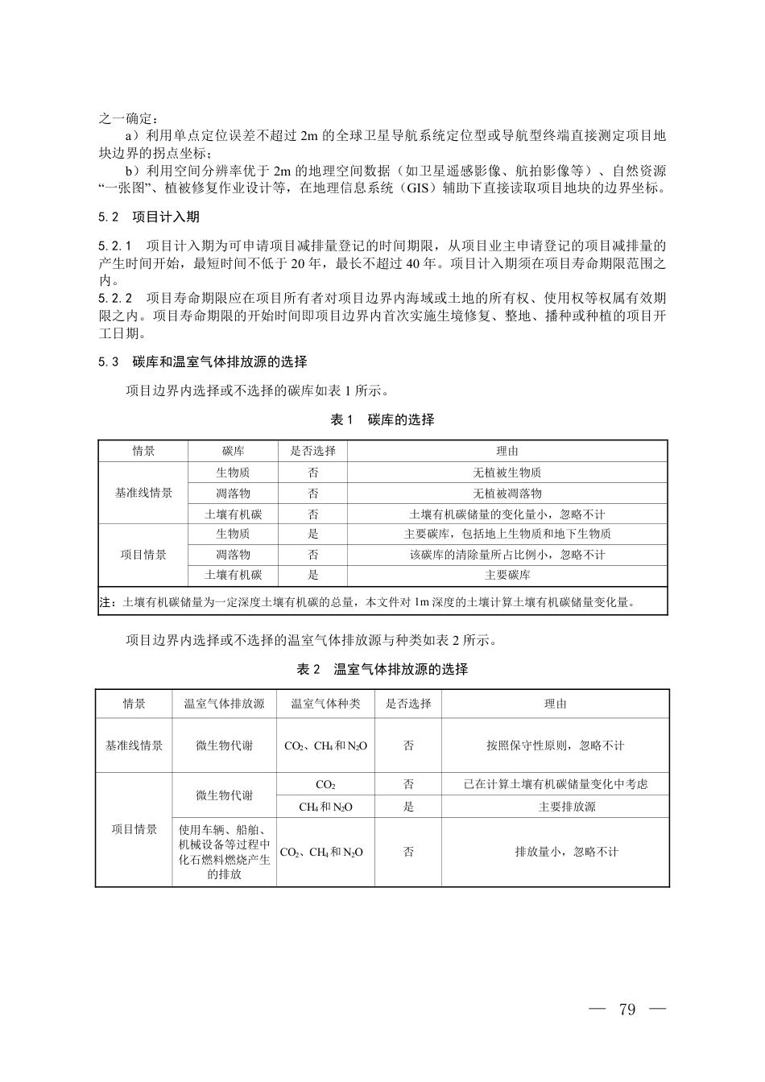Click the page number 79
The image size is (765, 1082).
(627, 1010)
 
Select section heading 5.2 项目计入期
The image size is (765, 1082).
(149, 217)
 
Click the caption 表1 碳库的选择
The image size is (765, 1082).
(382, 419)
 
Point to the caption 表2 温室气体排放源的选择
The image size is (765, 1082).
(382, 669)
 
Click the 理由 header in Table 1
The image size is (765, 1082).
(507, 451)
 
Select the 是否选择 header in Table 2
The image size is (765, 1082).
(408, 704)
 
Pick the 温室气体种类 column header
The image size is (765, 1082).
(325, 704)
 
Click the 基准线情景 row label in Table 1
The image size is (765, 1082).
(143, 493)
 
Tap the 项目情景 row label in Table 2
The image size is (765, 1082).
(134, 829)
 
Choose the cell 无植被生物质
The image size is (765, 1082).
(507, 473)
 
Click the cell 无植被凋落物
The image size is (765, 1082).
(507, 494)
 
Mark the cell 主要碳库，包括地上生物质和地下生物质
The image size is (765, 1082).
(507, 534)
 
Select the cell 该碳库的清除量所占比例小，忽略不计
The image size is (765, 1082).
(507, 555)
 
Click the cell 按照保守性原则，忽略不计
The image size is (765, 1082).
(556, 745)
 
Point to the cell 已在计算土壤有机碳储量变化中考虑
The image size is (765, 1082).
(556, 783)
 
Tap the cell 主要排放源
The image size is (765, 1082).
(556, 807)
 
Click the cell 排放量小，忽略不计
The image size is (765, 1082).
(556, 852)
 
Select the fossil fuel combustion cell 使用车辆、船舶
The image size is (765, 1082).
(224, 852)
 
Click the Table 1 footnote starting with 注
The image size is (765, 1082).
(367, 601)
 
